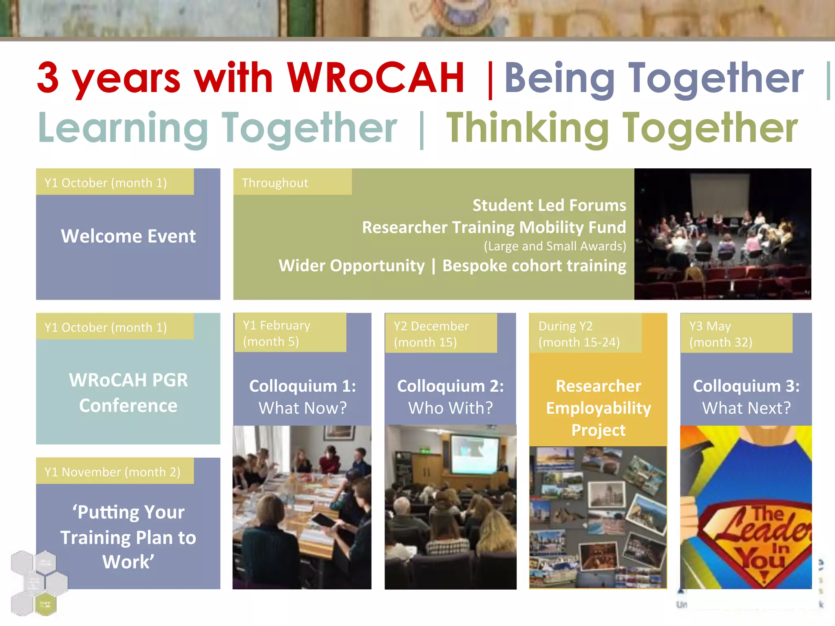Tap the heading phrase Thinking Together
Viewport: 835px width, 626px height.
621,128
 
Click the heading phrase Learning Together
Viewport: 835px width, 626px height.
217,128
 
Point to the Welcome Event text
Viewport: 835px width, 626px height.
128,236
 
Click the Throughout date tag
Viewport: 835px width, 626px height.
275,183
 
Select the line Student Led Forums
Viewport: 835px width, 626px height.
549,205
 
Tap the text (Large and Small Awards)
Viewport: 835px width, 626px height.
554,246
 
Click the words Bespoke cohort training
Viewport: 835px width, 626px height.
534,266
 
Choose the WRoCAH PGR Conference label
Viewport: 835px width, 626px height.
128,392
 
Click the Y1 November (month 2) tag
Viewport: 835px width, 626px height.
113,472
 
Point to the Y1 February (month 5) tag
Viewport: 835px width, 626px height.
276,333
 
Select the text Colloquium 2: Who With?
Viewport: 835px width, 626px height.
450,397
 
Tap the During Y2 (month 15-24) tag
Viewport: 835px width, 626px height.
579,334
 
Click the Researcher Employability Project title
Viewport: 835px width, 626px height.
598,408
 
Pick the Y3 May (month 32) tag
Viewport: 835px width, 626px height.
720,334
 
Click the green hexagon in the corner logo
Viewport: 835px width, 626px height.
45,604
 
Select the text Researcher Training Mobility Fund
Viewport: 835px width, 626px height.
494,227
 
